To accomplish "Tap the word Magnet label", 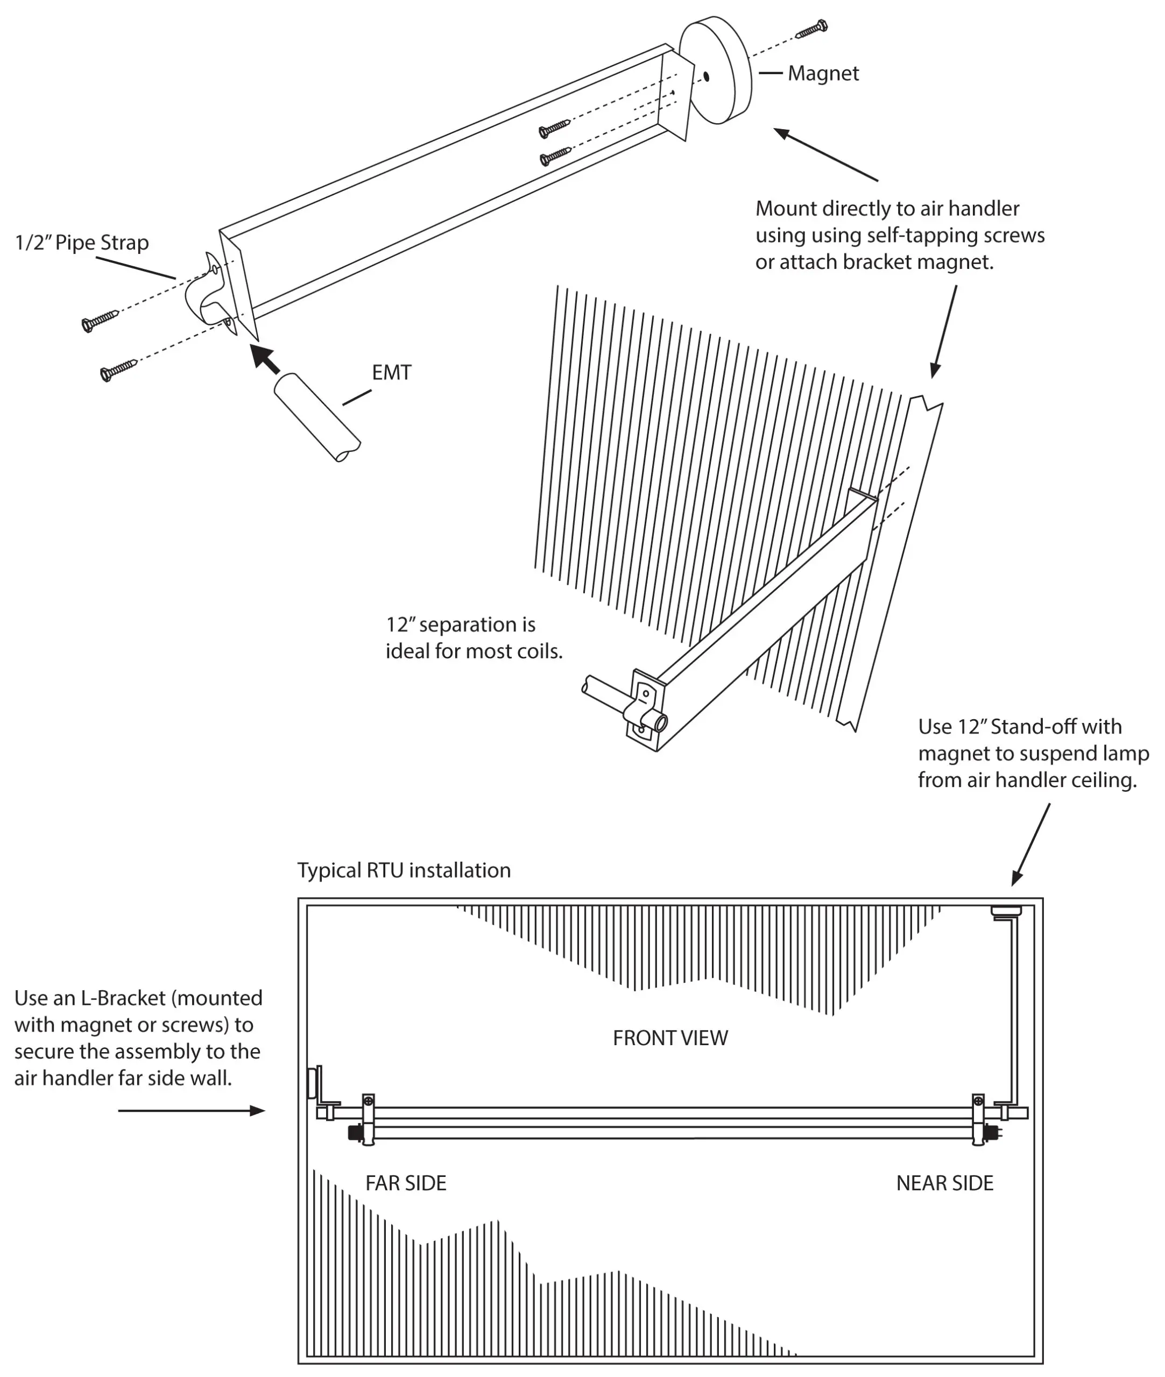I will pyautogui.click(x=823, y=73).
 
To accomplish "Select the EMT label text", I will pyautogui.click(x=391, y=373).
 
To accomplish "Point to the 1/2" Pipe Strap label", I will pyautogui.click(x=82, y=243).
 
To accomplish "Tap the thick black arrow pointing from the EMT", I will pyautogui.click(x=265, y=358).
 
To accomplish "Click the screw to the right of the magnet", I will pyautogui.click(x=811, y=29).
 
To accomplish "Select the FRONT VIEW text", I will pyautogui.click(x=670, y=1038).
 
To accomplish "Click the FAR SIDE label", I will pyautogui.click(x=406, y=1183).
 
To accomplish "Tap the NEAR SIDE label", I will pyautogui.click(x=944, y=1183).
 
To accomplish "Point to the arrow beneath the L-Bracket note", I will pyautogui.click(x=192, y=1111).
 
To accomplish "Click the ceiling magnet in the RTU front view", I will pyautogui.click(x=1006, y=912).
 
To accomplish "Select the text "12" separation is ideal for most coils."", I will pyautogui.click(x=474, y=638).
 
